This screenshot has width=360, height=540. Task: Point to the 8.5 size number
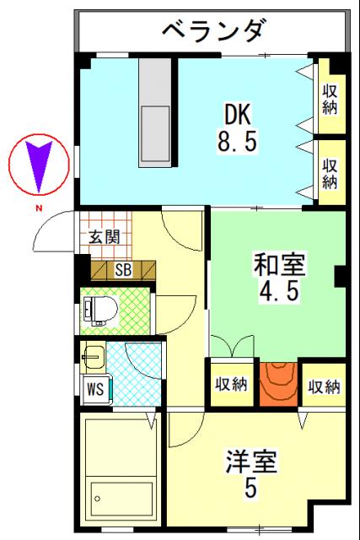237,140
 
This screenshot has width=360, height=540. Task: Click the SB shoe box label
123,270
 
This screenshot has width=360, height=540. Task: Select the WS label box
94,390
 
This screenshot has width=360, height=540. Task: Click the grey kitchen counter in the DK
154,110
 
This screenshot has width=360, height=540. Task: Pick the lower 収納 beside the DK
330,170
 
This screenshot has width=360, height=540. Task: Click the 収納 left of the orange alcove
230,385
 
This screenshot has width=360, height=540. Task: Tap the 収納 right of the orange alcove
323,386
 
